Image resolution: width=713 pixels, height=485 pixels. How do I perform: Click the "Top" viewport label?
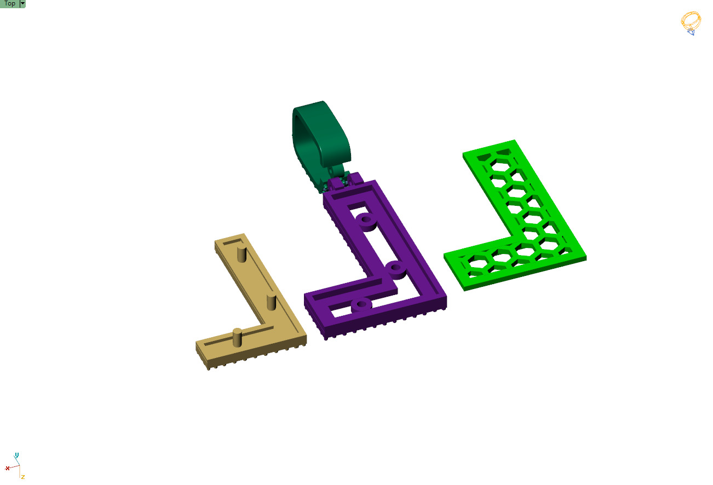tap(9, 4)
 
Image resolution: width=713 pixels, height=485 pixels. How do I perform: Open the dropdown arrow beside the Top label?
tap(22, 4)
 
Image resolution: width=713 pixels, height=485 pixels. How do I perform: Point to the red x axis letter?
tap(7, 468)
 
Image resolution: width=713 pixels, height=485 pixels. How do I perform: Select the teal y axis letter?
tap(17, 455)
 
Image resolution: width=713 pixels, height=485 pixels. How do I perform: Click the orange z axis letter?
tap(23, 477)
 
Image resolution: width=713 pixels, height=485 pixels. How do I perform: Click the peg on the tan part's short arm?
tap(237, 337)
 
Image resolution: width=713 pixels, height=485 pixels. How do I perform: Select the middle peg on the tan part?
tap(271, 301)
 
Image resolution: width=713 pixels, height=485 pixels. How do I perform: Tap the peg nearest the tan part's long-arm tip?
tap(241, 254)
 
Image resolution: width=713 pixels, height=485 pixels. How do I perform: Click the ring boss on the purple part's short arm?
tap(360, 305)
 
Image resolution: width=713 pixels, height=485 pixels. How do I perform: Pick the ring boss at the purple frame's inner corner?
tap(395, 269)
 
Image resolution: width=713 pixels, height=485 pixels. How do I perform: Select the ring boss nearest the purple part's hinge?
tap(365, 221)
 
